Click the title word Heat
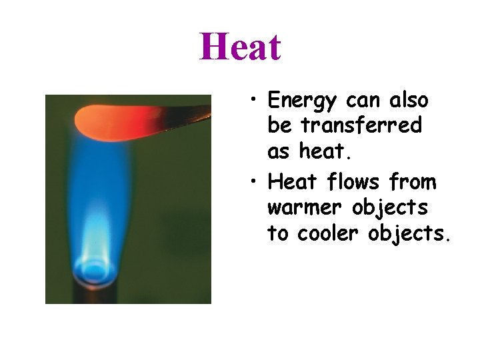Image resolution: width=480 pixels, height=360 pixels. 240,47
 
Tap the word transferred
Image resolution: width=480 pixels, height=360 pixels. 361,125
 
